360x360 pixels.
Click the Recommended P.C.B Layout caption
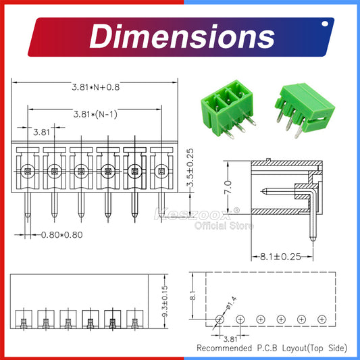tap(272, 349)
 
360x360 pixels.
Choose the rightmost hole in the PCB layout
tap(322, 318)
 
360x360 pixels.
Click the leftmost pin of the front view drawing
tap(28, 203)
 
